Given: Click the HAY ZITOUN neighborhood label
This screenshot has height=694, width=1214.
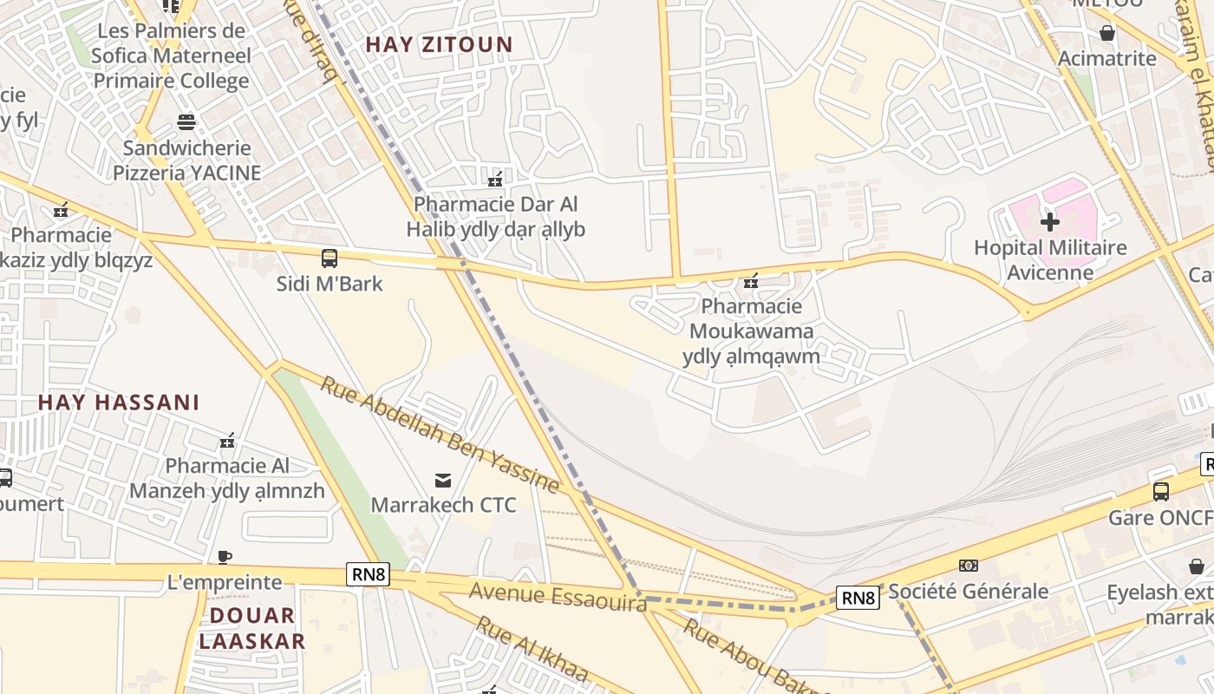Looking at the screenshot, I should coord(439,44).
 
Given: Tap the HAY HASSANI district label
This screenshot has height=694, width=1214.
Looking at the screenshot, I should coord(119,403).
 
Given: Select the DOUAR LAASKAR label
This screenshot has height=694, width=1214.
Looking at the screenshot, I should coord(252,629).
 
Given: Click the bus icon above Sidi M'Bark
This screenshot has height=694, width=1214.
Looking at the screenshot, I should coord(330,258).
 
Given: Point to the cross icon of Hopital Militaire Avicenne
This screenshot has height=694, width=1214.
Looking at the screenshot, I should coord(1050,222).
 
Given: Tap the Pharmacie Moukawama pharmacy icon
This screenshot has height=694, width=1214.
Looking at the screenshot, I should coord(751,281).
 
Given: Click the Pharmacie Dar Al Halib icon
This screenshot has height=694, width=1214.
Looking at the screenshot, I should coord(495,180).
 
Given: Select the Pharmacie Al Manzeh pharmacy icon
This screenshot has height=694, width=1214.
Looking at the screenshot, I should coord(227,441).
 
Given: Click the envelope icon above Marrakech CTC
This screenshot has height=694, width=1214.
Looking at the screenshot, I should coord(443,480).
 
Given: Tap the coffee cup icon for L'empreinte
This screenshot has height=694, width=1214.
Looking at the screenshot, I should coord(225,557).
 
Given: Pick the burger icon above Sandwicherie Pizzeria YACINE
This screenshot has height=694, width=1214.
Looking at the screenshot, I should coord(186,121).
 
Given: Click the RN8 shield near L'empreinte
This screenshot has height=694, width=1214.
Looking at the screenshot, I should coord(369,573).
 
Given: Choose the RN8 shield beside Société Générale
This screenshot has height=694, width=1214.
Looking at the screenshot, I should coord(858,597).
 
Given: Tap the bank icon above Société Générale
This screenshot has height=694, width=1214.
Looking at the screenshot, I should coord(969,566).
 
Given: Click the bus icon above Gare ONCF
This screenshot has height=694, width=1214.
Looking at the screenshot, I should coord(1161,492).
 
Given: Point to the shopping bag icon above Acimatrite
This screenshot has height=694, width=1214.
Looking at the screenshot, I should coord(1107,33).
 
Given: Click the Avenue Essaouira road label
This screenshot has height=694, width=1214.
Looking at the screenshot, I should coord(558,597).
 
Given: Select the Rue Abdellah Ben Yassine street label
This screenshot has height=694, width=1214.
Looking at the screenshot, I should coord(440,432).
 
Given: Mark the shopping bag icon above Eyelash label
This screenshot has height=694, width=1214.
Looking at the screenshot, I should coord(1197,566).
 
